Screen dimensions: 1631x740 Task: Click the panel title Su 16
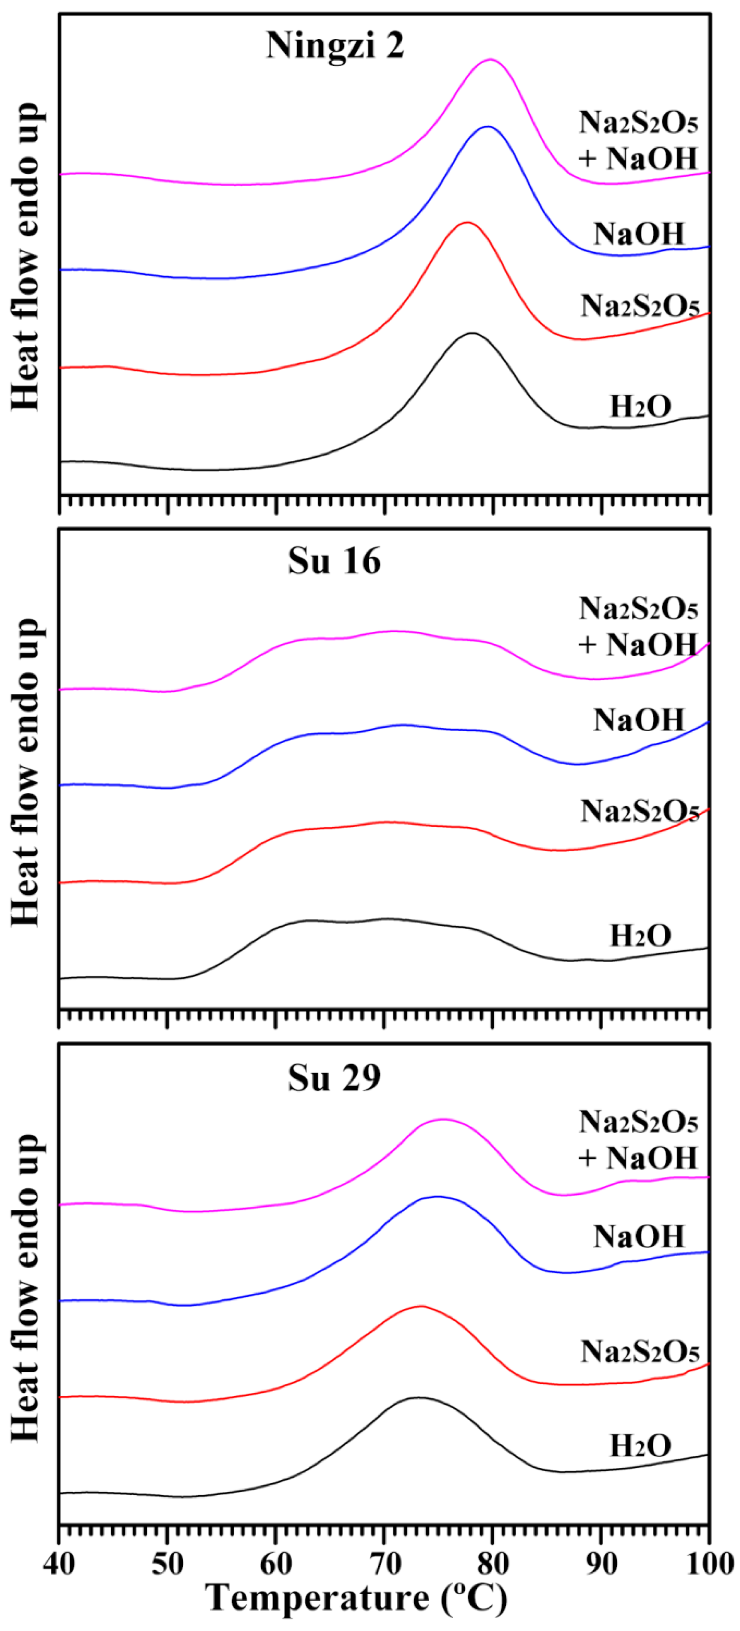click(334, 561)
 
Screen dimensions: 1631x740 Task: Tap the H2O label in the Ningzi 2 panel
click(640, 406)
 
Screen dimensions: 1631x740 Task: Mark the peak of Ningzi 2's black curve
click(472, 333)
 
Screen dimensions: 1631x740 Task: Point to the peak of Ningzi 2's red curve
click(467, 222)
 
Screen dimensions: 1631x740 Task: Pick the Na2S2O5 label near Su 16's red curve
click(639, 811)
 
